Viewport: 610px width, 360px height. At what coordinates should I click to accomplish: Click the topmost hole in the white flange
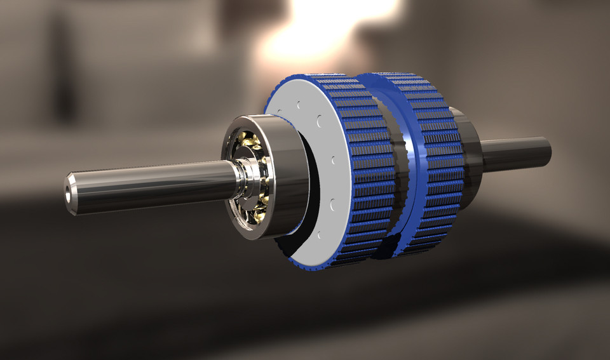click(x=298, y=103)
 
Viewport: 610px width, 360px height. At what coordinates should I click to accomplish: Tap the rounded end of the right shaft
click(x=546, y=152)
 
